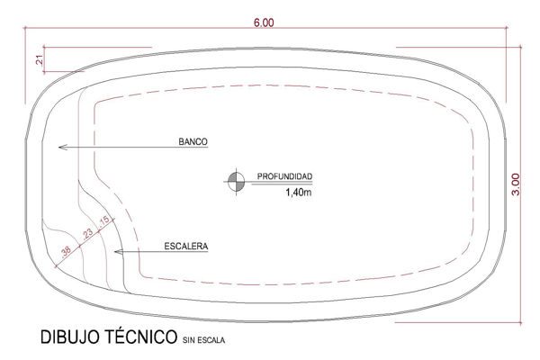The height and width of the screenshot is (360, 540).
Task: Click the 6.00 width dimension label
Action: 264,22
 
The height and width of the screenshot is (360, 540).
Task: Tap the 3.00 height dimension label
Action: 516,184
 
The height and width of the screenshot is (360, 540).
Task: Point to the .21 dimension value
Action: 40,60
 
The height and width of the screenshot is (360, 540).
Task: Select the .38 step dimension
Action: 66,251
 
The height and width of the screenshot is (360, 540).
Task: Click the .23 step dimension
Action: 87,234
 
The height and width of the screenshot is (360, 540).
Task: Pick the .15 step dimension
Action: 103,220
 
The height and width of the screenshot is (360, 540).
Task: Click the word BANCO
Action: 193,141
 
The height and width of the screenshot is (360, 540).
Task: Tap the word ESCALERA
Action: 186,247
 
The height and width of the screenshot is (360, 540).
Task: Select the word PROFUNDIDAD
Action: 284,176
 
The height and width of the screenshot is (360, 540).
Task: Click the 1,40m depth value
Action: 298,193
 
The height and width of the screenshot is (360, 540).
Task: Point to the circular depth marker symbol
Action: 236,182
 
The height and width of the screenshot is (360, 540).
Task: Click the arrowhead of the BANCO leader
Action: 62,147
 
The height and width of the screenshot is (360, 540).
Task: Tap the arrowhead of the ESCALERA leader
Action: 118,252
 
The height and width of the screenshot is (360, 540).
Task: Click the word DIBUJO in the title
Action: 70,337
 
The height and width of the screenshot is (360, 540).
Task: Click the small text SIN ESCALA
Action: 204,340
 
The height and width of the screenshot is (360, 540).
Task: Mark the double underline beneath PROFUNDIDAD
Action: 282,183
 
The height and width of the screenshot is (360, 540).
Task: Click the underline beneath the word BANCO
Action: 193,148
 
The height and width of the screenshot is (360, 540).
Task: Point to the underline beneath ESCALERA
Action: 186,252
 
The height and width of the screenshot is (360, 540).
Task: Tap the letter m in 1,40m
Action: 308,193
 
